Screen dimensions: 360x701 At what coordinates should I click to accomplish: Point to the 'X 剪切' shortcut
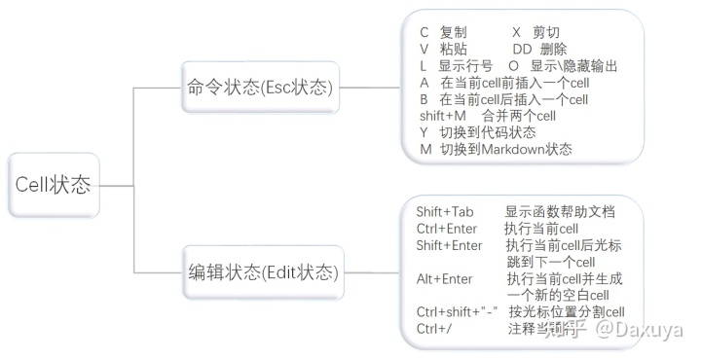click(535, 32)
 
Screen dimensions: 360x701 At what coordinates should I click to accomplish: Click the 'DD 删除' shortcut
click(539, 49)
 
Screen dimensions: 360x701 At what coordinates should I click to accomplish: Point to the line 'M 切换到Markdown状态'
click(496, 149)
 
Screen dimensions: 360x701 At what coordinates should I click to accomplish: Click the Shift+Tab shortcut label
click(445, 212)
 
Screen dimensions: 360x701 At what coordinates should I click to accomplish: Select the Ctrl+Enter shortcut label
click(447, 229)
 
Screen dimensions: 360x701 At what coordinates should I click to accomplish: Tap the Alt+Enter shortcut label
click(444, 279)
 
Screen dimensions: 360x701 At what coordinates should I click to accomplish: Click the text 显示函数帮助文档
click(560, 212)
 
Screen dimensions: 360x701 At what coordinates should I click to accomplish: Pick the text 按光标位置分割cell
click(566, 312)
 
